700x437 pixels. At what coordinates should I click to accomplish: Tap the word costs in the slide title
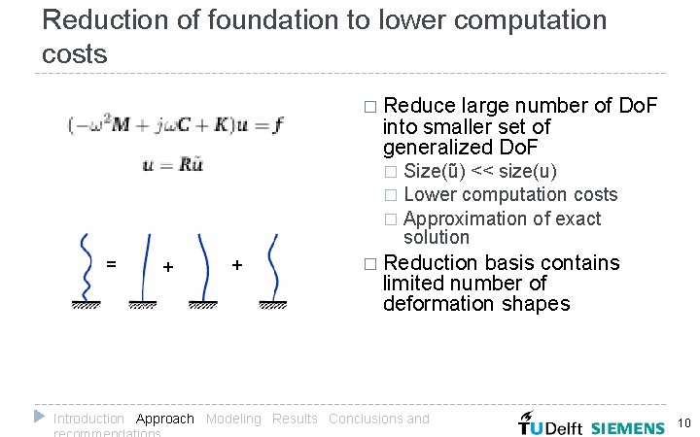pyautogui.click(x=76, y=54)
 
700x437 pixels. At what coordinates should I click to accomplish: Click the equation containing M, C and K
pyautogui.click(x=176, y=124)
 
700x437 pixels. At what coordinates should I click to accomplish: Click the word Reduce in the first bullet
pyautogui.click(x=419, y=106)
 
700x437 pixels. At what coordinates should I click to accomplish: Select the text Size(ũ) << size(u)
pyautogui.click(x=480, y=172)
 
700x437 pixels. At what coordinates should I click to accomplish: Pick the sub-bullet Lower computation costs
pyautogui.click(x=510, y=194)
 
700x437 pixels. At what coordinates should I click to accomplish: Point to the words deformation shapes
pyautogui.click(x=476, y=304)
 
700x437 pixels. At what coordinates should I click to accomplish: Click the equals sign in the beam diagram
pyautogui.click(x=112, y=263)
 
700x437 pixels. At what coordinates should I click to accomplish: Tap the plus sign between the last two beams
pyautogui.click(x=236, y=264)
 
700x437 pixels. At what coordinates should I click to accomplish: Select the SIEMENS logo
pyautogui.click(x=628, y=425)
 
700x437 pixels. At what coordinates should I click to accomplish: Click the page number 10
pyautogui.click(x=682, y=423)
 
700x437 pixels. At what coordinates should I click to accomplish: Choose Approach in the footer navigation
pyautogui.click(x=165, y=419)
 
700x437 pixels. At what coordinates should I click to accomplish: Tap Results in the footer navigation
pyautogui.click(x=295, y=419)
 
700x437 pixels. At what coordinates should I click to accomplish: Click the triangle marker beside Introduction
pyautogui.click(x=40, y=416)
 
